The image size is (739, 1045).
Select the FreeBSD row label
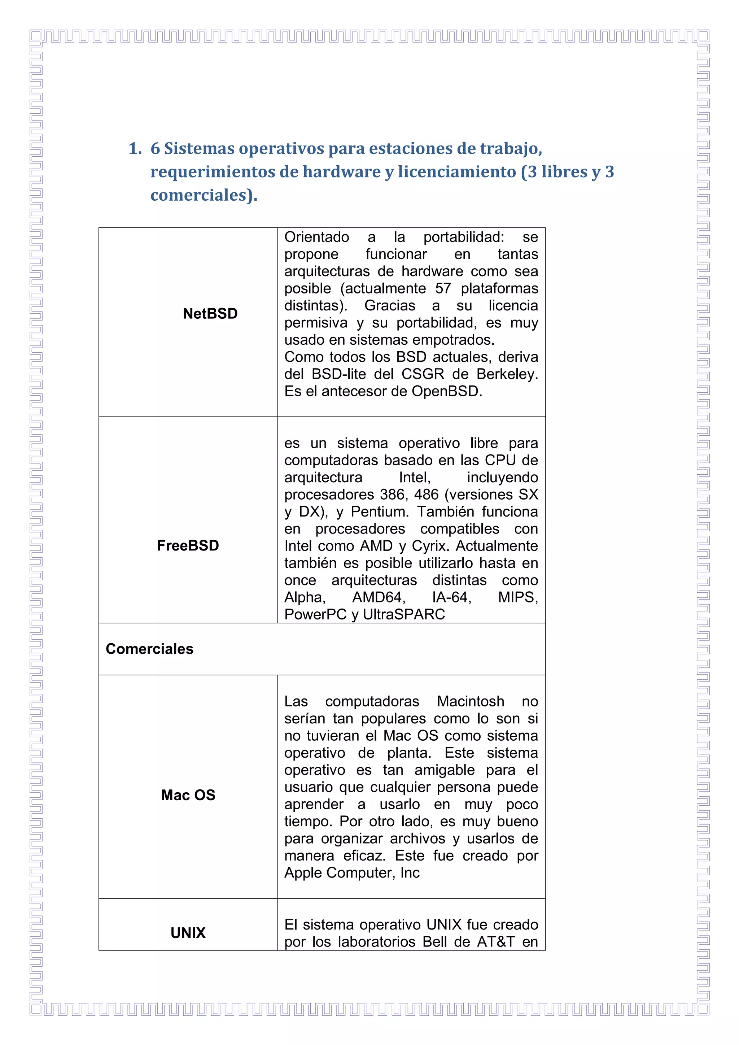click(188, 545)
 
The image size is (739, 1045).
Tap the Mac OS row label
click(188, 795)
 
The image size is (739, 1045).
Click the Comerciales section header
click(149, 649)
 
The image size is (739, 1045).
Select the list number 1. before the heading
click(135, 148)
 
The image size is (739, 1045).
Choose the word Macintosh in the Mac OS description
click(471, 701)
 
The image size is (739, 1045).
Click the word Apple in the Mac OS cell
click(303, 873)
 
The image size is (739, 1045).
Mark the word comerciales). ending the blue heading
click(204, 195)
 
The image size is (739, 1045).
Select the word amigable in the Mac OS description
click(445, 770)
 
